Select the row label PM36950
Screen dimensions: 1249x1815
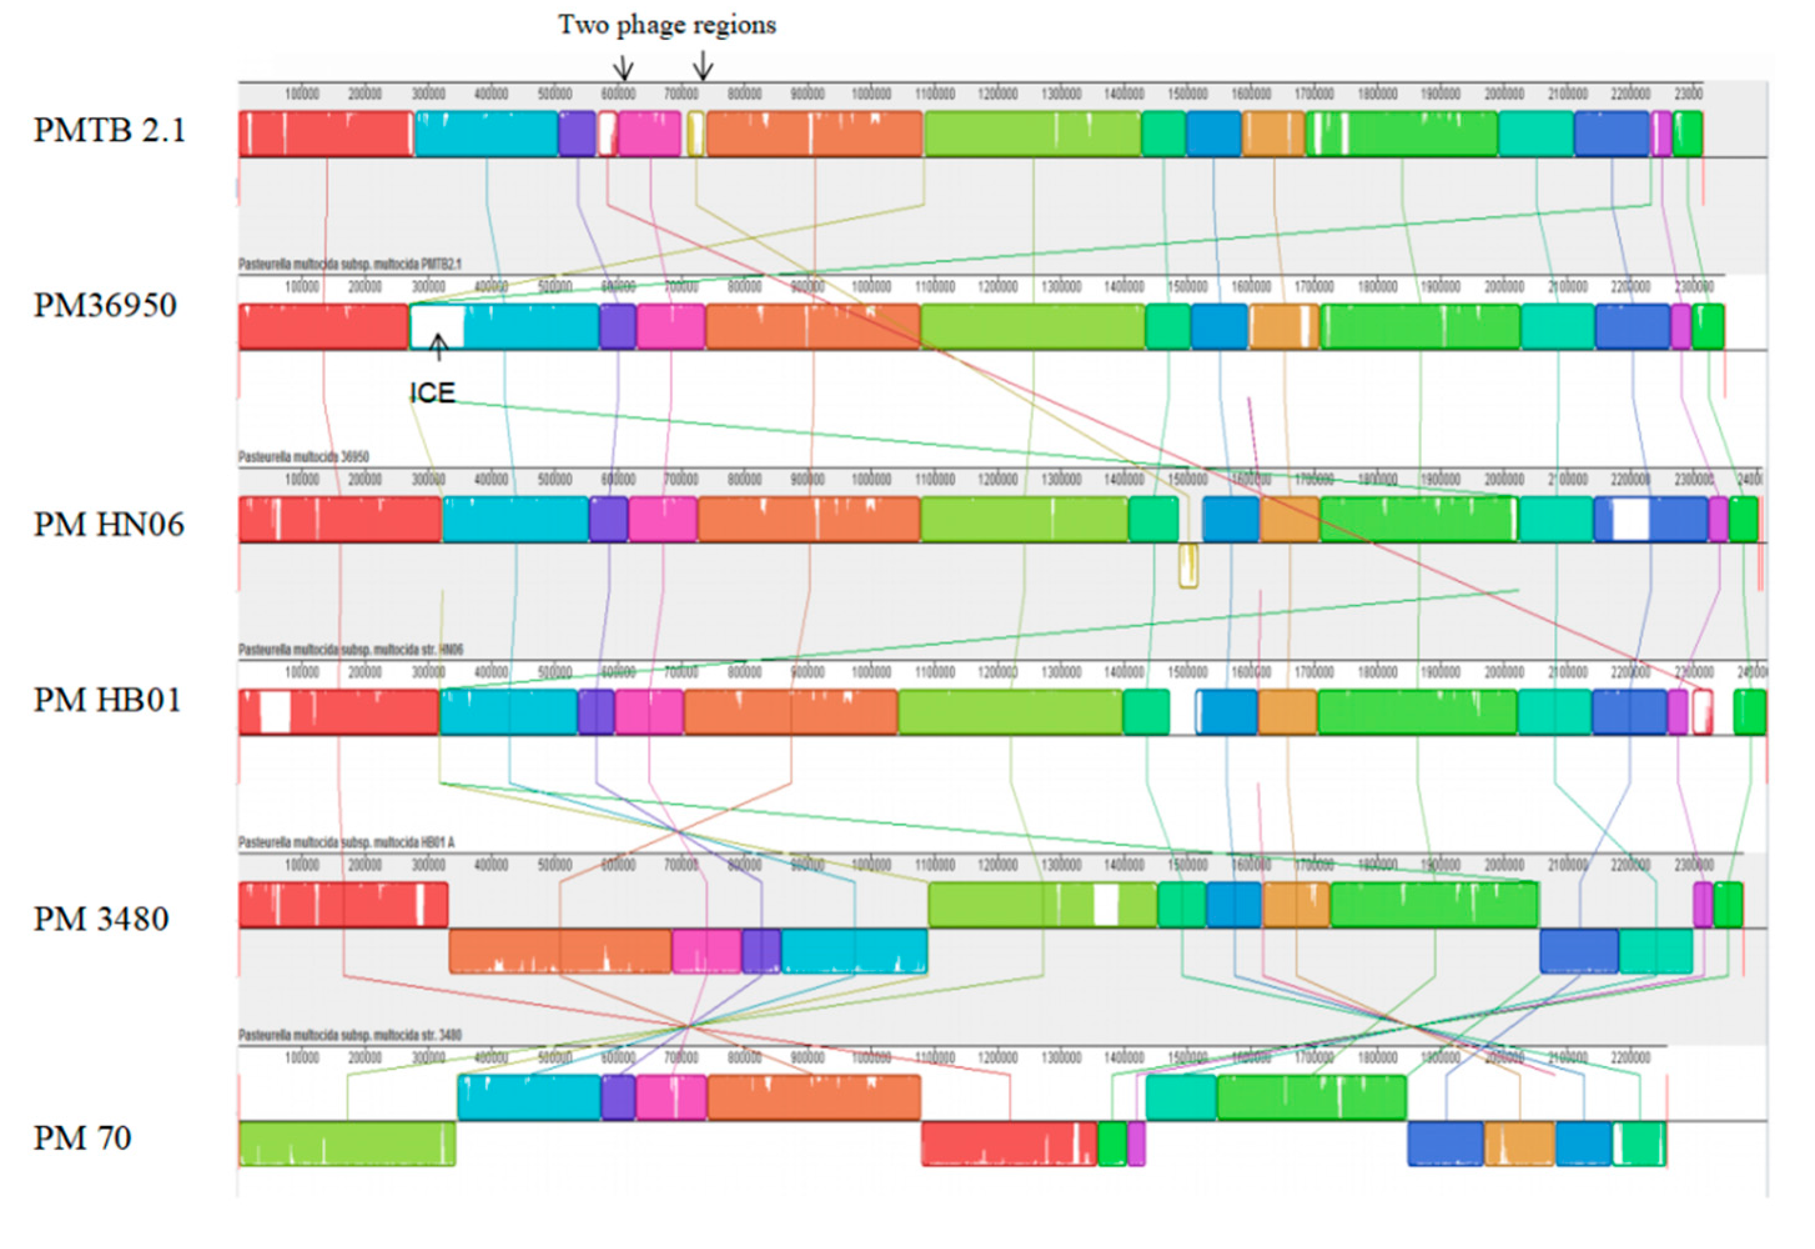(105, 305)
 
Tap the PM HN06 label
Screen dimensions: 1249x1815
(108, 524)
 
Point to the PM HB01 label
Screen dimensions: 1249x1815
(107, 700)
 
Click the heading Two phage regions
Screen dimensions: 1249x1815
(666, 25)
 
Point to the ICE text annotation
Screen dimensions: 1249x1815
(432, 392)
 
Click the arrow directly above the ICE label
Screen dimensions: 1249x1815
(439, 346)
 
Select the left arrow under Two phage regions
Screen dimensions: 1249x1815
(623, 67)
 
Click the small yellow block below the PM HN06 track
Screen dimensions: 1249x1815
(1187, 566)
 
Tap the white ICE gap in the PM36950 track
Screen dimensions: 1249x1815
(437, 326)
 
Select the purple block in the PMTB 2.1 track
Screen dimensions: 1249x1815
(577, 134)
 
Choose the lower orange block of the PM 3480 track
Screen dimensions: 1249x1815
(560, 951)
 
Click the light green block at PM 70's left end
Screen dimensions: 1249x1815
(346, 1144)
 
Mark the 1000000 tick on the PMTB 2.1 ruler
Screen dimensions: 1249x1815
(871, 94)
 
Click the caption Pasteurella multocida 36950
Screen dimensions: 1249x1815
(304, 456)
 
